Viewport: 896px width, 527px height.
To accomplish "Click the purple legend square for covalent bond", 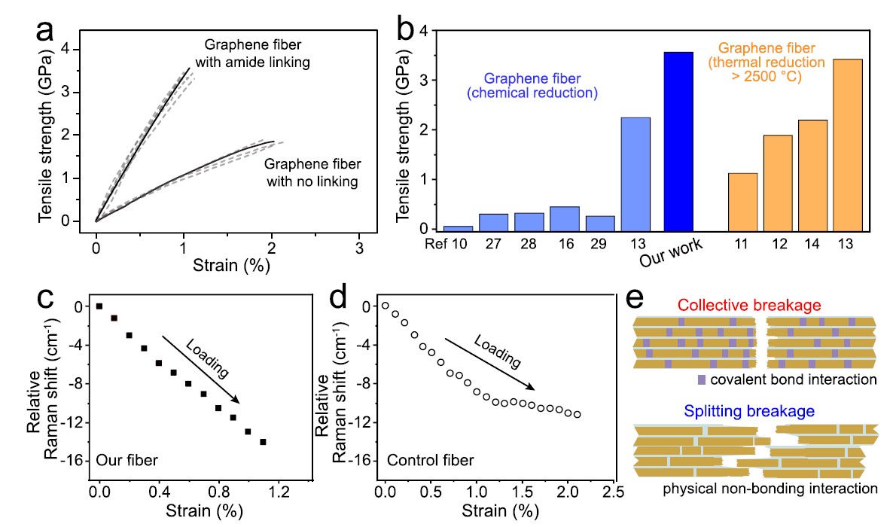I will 702,379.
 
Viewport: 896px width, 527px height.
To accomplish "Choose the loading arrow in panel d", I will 490,364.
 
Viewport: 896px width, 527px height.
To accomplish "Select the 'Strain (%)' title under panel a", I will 227,265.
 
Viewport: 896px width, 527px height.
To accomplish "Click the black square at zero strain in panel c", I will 99,306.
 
